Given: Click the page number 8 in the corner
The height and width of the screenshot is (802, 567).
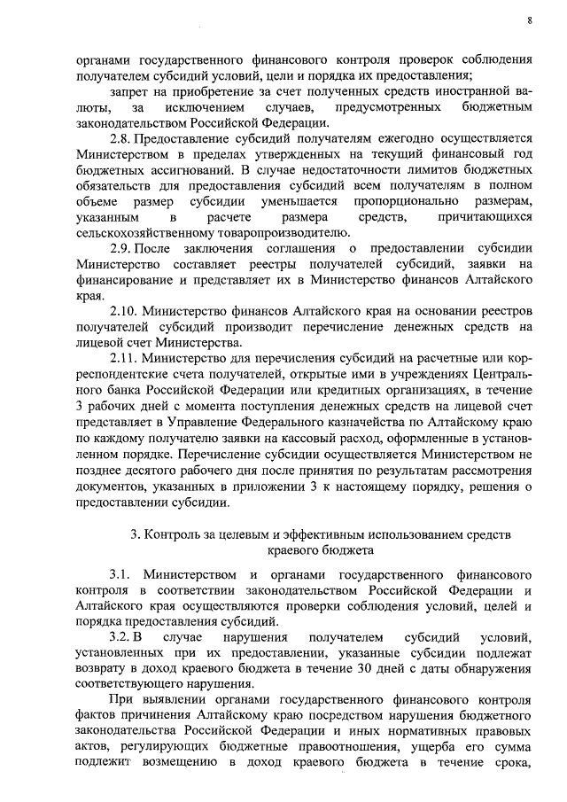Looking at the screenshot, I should (529, 20).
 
